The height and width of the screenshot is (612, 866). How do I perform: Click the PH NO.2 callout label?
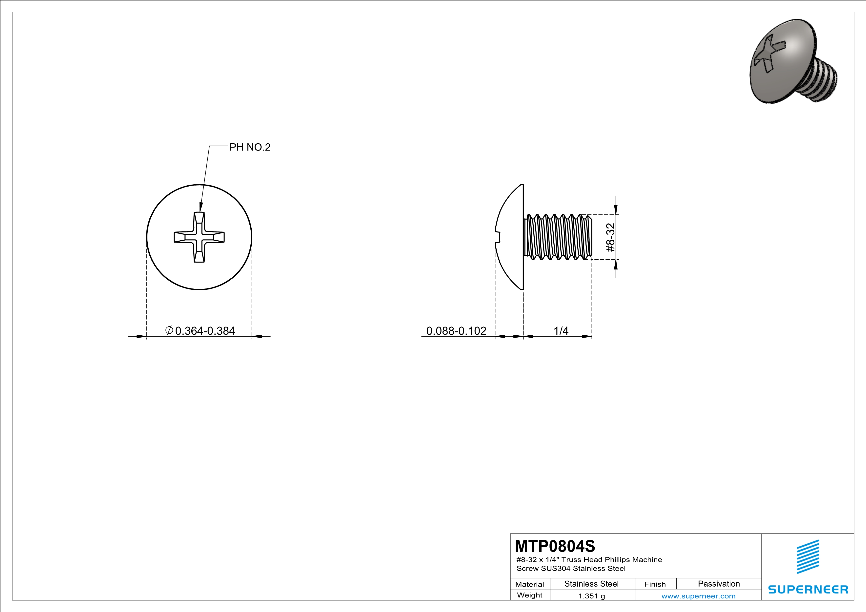click(x=250, y=147)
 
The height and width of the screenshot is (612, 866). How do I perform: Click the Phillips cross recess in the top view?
click(x=199, y=237)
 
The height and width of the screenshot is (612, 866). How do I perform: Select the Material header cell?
click(x=530, y=584)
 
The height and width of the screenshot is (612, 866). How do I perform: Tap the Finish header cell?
click(x=655, y=584)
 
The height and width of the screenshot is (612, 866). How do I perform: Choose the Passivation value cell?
click(x=719, y=584)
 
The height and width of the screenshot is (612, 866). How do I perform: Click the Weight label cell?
click(x=530, y=595)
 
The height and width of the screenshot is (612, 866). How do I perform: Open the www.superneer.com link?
click(x=698, y=596)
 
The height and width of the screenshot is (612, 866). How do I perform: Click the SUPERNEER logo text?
click(x=808, y=589)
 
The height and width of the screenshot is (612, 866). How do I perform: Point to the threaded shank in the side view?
click(x=558, y=237)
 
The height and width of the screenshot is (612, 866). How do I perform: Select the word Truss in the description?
click(x=571, y=560)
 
